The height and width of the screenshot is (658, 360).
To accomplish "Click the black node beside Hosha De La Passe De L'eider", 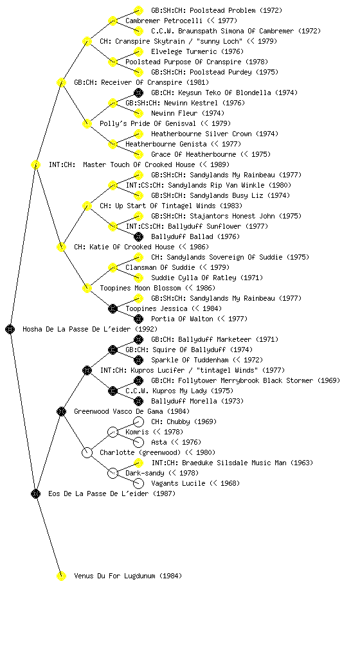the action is [x=10, y=329].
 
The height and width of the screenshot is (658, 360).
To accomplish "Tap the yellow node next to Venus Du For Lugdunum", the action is [x=61, y=576].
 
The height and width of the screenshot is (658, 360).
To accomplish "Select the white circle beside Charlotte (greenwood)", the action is [x=87, y=452].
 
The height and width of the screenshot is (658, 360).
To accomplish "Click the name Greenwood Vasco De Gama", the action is [x=119, y=411].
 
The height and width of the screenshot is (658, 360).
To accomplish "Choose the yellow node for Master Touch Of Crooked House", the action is [x=35, y=164].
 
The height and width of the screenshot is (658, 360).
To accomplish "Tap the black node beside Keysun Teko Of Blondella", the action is [x=138, y=93].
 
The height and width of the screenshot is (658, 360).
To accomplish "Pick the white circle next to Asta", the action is [x=138, y=442].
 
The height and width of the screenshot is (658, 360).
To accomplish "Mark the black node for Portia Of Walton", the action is [x=138, y=319].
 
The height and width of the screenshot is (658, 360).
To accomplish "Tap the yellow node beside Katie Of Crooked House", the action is [x=61, y=247].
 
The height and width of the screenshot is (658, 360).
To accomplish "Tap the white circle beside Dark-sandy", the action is [x=113, y=473].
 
